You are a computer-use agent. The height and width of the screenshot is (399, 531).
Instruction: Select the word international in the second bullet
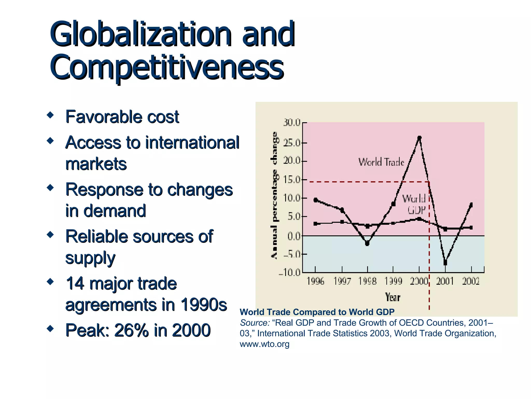click(192, 143)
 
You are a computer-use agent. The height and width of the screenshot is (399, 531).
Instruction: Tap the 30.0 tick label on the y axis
click(292, 122)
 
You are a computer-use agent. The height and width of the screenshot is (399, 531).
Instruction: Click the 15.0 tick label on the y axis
click(292, 180)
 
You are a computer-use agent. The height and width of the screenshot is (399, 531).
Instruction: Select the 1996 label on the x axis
click(315, 281)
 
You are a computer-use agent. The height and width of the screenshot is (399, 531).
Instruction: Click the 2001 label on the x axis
click(445, 281)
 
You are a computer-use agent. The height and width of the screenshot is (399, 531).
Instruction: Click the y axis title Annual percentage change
click(274, 195)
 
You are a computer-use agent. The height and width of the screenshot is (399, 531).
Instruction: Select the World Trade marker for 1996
click(316, 200)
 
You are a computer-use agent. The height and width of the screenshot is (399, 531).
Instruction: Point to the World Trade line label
click(381, 162)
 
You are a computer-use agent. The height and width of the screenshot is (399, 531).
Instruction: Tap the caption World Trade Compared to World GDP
click(317, 312)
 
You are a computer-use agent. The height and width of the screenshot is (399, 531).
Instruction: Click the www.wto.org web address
click(264, 344)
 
